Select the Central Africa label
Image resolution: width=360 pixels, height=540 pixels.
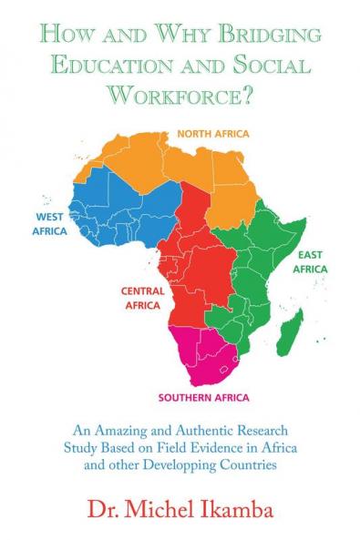[141, 298]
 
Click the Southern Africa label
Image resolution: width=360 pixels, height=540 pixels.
[203, 398]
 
